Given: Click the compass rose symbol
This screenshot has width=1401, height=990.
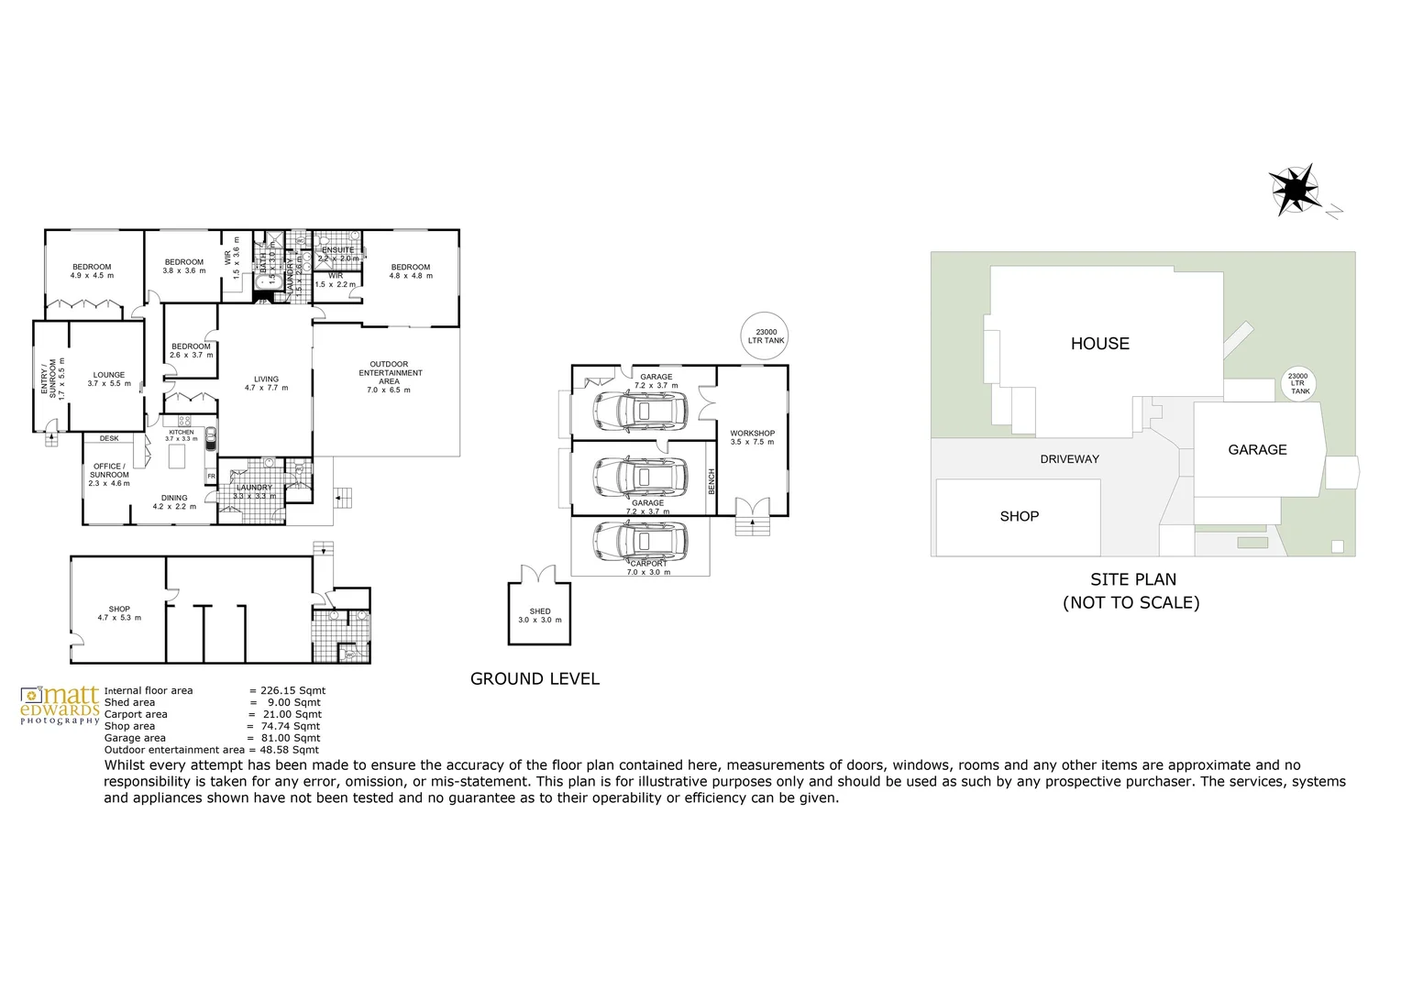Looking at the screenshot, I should (1295, 190).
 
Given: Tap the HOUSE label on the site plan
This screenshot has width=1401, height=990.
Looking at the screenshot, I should (1099, 344).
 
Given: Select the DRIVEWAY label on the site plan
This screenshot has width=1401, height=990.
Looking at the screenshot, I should (1069, 459).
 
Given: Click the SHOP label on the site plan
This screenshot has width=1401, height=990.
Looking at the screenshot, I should (1019, 516).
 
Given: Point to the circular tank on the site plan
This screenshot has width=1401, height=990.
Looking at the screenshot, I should (1298, 384).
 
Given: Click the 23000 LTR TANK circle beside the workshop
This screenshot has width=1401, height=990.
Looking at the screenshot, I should (765, 336).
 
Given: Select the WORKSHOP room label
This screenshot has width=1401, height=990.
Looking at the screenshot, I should (752, 437).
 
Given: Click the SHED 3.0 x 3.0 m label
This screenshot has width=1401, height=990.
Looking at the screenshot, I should (539, 615).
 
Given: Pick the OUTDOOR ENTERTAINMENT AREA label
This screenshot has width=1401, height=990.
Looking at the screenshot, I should (390, 377).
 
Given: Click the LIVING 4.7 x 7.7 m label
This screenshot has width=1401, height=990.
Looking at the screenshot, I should (266, 383).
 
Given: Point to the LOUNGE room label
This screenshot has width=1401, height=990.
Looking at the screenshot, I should (108, 379).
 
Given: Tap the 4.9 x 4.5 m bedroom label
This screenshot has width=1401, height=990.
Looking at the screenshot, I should (92, 271).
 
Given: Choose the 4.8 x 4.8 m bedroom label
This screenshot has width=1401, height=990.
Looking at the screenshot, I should (410, 271).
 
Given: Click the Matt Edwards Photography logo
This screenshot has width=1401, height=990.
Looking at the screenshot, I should (60, 705).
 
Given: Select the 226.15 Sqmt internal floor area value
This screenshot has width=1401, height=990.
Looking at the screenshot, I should (292, 691).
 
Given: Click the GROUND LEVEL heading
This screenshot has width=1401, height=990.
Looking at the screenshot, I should (535, 679).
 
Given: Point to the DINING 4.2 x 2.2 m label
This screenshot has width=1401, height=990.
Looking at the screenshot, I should (174, 502).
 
